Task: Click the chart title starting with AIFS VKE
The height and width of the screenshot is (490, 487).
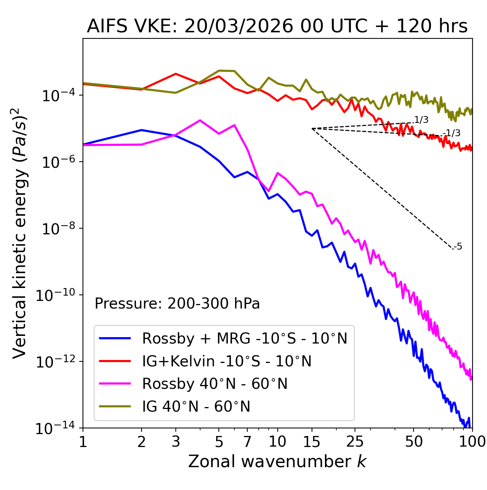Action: [277, 27]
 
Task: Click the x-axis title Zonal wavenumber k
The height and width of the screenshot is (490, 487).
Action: [277, 461]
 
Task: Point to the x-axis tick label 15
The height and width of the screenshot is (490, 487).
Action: [312, 442]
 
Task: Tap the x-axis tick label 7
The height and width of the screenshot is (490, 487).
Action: [247, 442]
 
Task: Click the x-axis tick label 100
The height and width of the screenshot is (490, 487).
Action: [472, 442]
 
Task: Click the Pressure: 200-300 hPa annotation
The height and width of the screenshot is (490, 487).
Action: [177, 304]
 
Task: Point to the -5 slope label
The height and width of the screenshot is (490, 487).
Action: [458, 247]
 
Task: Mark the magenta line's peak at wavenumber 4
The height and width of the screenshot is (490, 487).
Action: [200, 120]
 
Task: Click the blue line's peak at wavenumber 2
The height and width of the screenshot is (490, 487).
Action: [142, 130]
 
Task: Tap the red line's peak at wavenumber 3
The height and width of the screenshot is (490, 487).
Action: [175, 74]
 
